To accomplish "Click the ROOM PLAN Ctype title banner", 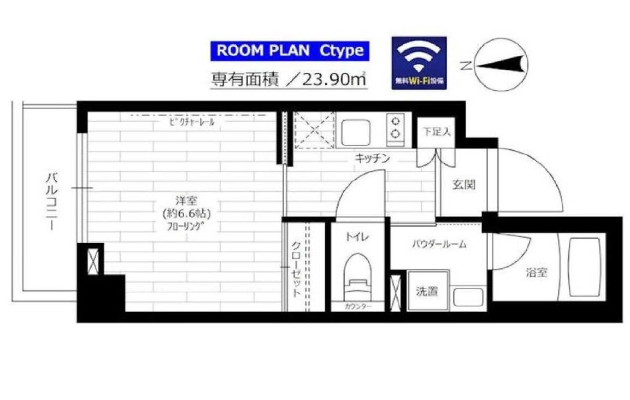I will [x=290, y=51].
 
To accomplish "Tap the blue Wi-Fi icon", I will [x=419, y=63].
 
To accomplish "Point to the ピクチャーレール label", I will [x=192, y=123].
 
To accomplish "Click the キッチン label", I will [x=373, y=158].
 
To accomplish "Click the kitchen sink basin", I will [x=356, y=131].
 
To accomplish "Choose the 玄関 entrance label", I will [x=463, y=185].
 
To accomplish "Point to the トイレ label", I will [x=357, y=237].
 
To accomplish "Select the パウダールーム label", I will [x=439, y=244].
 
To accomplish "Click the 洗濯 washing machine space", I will [x=427, y=291].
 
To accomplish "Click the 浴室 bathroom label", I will [x=537, y=273].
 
